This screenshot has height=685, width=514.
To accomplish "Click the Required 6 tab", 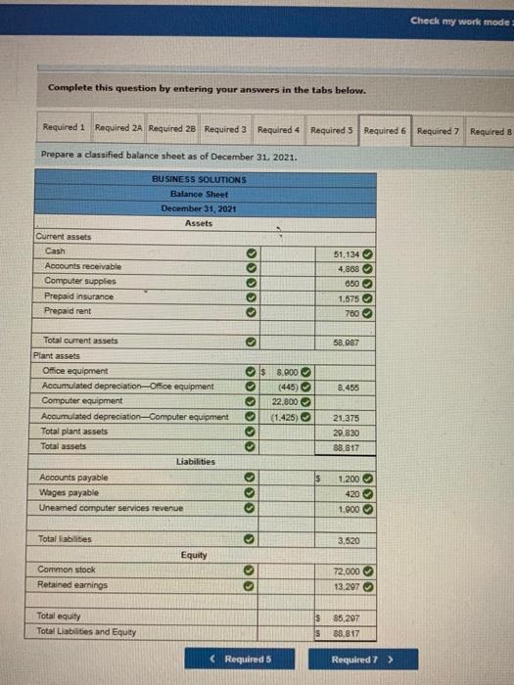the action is [385, 130].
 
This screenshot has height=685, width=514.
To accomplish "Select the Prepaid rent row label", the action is [69, 310].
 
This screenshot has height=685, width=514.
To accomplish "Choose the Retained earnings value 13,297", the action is [348, 585].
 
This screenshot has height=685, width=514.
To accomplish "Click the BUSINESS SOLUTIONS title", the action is [200, 179].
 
